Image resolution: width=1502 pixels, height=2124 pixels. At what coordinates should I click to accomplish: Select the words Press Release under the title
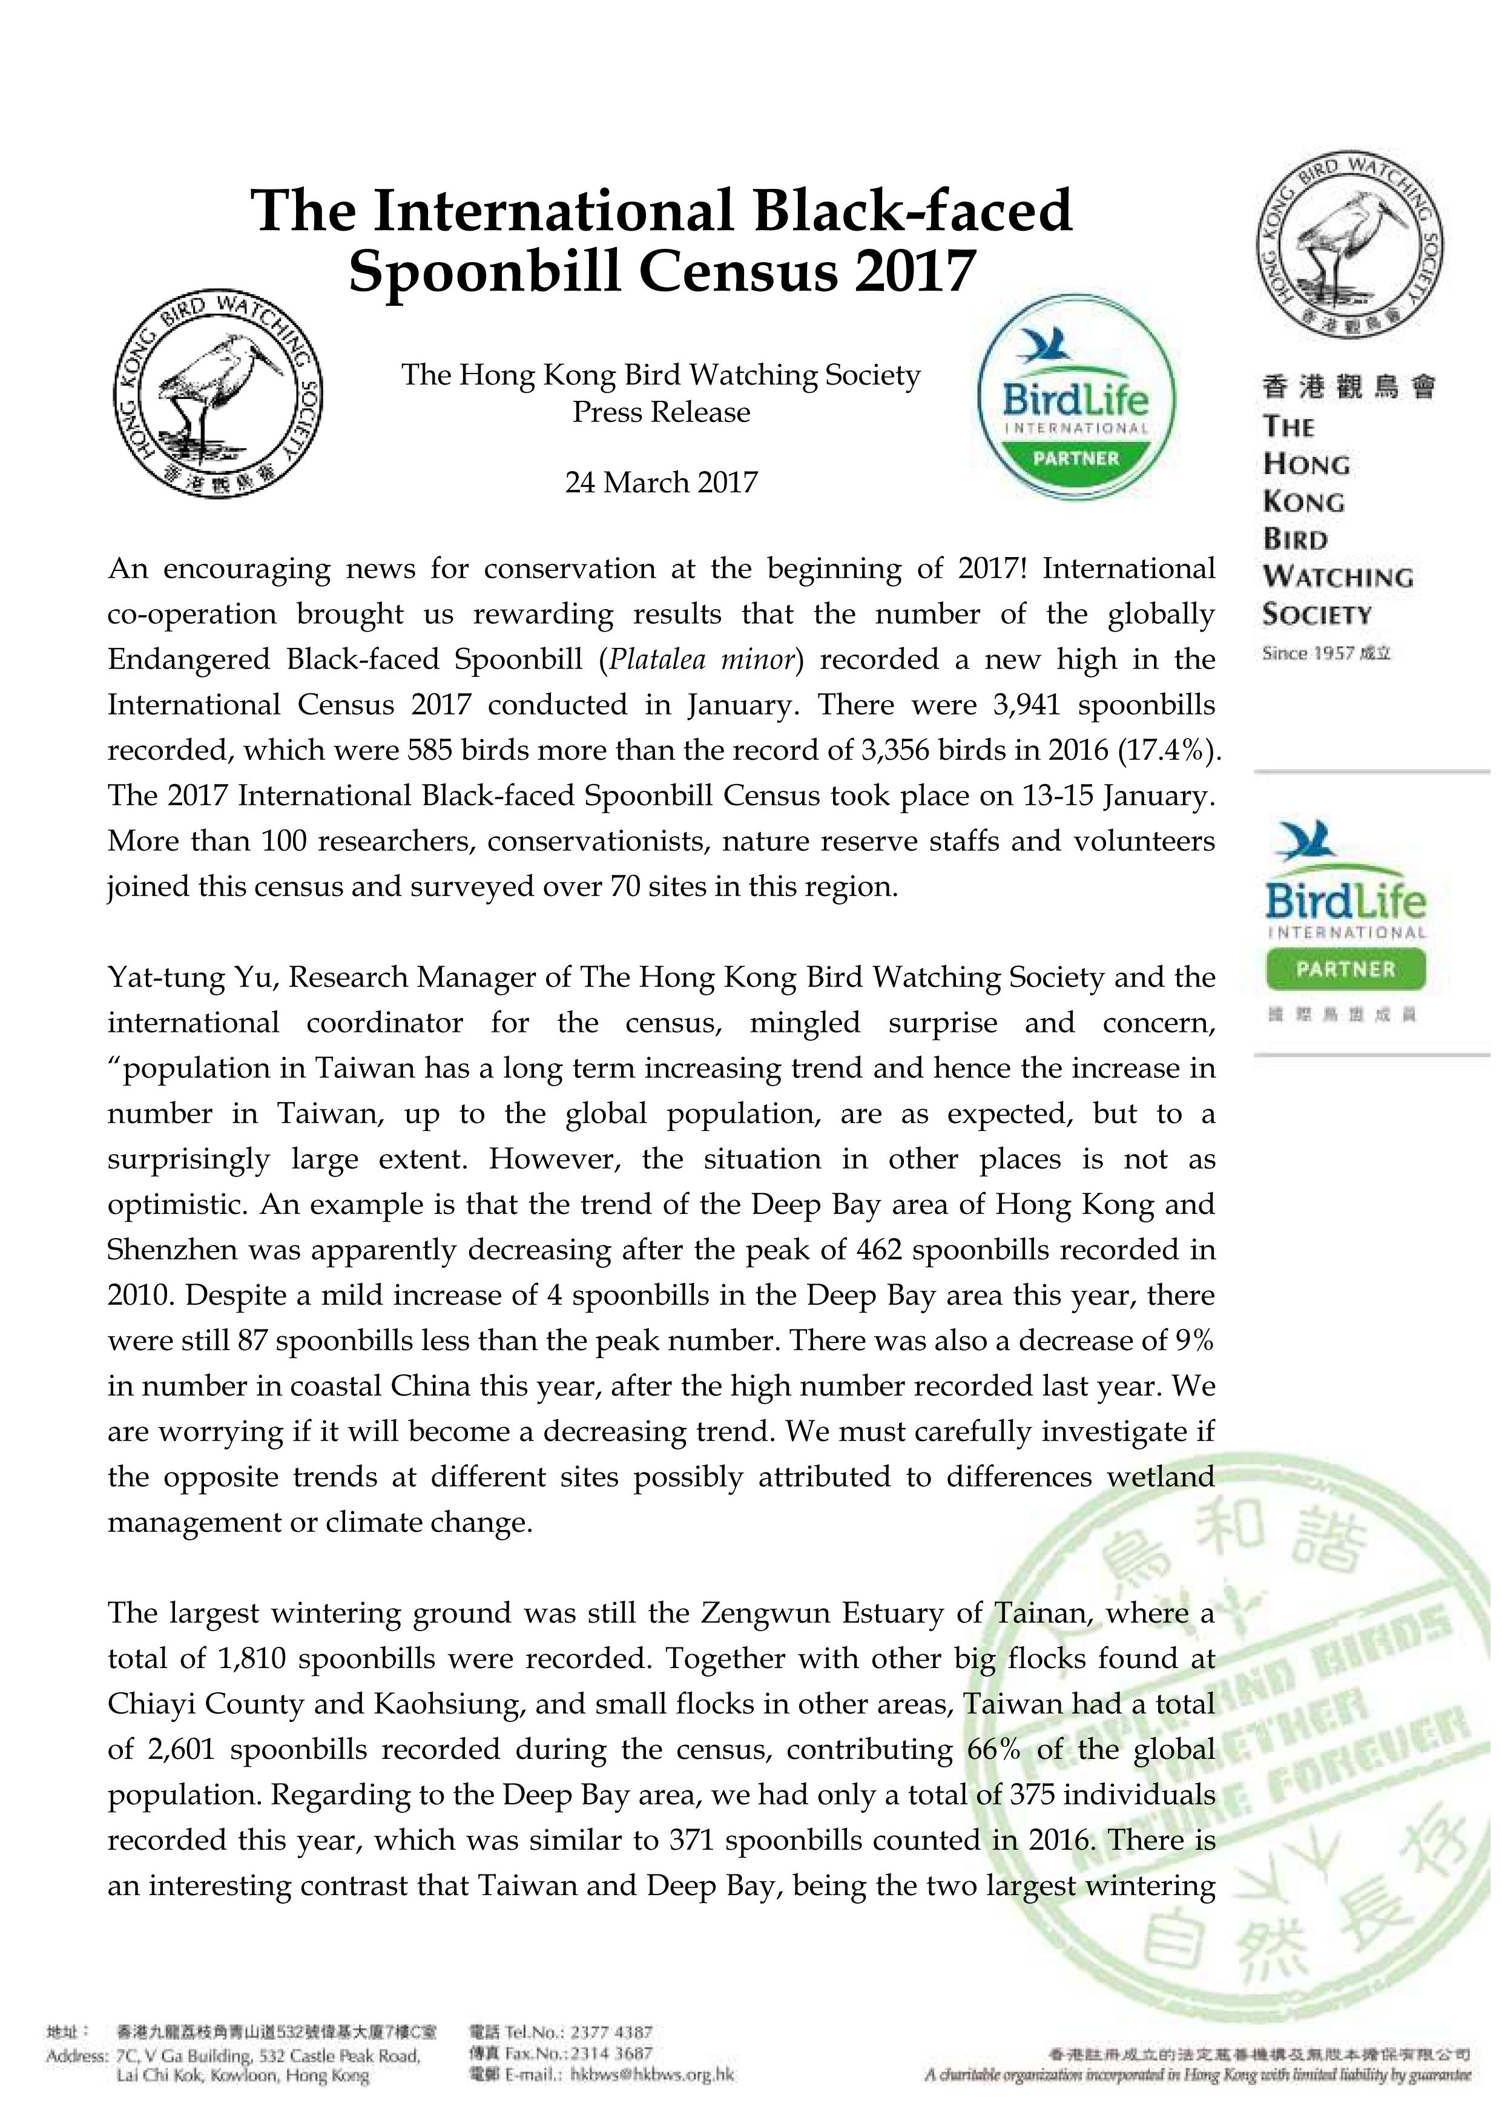(661, 412)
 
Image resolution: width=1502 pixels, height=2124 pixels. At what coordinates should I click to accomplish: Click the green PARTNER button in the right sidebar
(1346, 969)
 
